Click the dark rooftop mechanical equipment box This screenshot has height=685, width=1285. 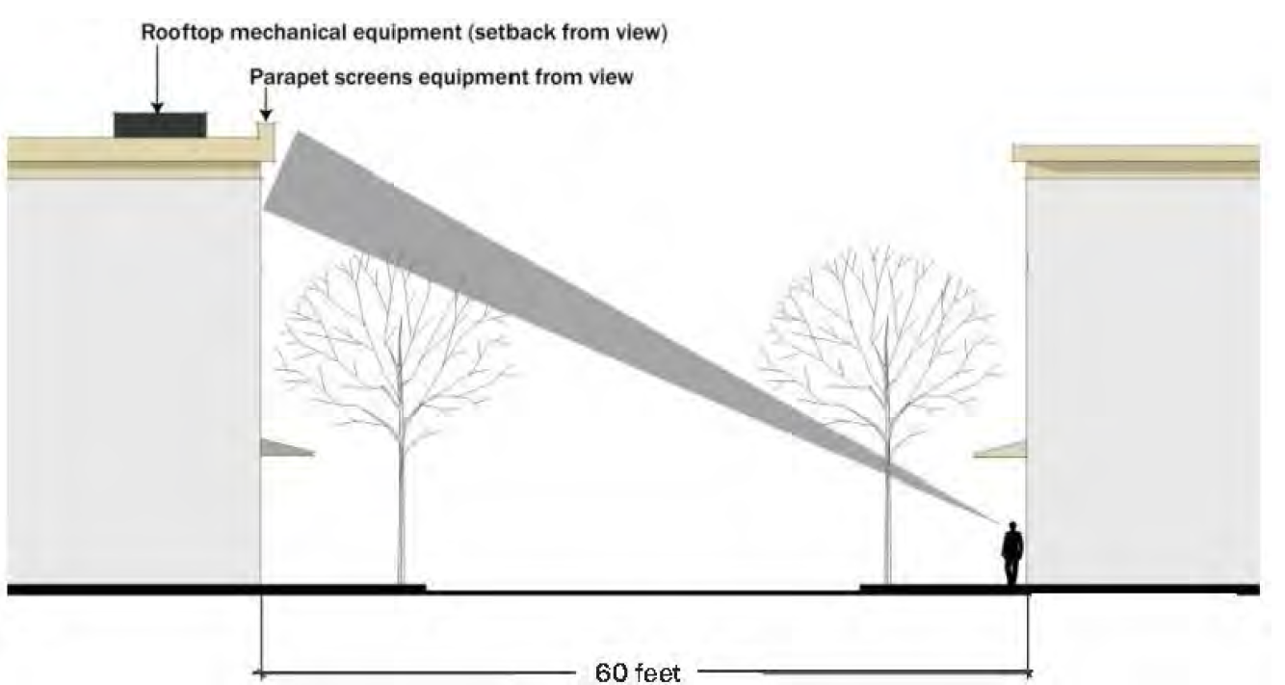[x=160, y=124]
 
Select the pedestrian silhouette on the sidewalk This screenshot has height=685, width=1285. [x=1011, y=554]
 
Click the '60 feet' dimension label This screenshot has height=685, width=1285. [x=637, y=672]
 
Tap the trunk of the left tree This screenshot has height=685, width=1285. [x=401, y=511]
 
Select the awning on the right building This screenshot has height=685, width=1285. [x=1002, y=449]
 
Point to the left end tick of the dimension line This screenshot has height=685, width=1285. [x=261, y=672]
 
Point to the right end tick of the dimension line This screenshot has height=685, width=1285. [x=1030, y=672]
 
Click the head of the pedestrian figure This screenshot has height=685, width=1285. [x=1011, y=527]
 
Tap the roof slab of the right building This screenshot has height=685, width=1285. [x=1137, y=153]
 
